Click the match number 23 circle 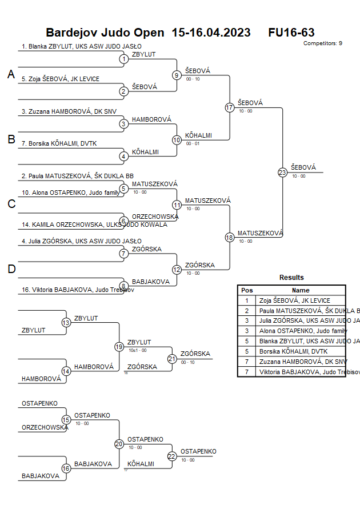point(282,172)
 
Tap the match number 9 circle point(177,75)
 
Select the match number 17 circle point(230,107)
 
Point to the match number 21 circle point(172,358)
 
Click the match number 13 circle point(66,323)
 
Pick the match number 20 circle point(119,443)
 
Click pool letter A point(11,74)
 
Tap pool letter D point(11,269)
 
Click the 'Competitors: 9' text point(322,43)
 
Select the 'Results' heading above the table point(291,278)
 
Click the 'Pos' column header point(247,290)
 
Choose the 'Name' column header point(301,290)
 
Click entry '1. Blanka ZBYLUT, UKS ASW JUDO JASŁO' point(82,47)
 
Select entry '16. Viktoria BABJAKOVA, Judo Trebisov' point(78,290)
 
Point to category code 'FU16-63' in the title point(291,33)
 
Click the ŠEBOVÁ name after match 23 point(303,167)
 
